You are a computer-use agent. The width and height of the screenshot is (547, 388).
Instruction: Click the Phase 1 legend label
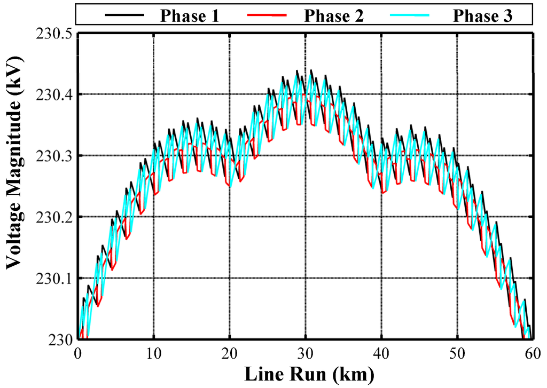tap(190, 15)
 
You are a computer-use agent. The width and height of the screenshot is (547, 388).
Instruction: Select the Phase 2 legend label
tap(334, 15)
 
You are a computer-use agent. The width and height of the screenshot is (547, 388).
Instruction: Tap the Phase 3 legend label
tap(483, 15)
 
